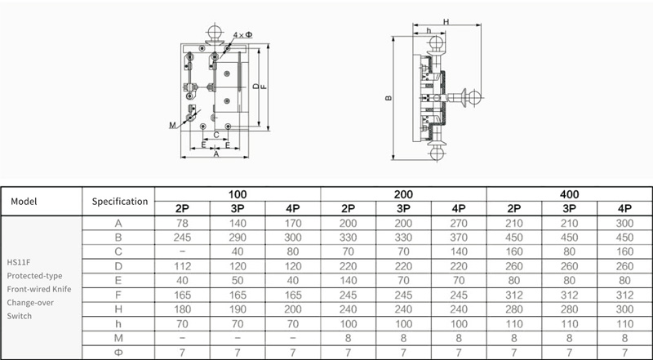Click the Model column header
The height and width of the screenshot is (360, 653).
tap(24, 202)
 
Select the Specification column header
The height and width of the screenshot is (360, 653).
tap(119, 202)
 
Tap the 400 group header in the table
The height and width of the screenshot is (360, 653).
tap(569, 194)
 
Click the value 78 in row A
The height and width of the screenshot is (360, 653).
tap(182, 224)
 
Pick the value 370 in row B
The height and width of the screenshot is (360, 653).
tap(459, 238)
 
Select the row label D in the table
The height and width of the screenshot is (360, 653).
tap(118, 266)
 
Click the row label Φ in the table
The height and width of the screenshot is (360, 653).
tap(118, 353)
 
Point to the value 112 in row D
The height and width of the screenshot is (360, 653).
tap(182, 266)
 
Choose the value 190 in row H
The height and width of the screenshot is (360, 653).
tap(238, 309)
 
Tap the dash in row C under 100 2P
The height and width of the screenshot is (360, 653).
tap(182, 251)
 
